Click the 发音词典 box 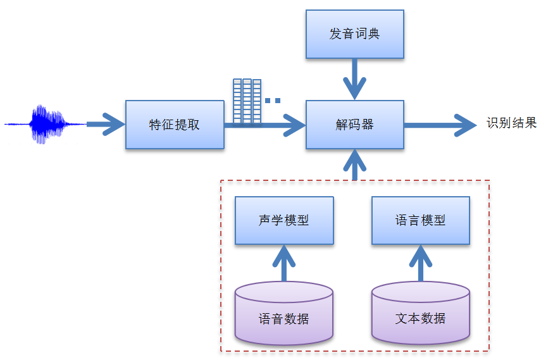(x=354, y=34)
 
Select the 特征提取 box (x=175, y=124)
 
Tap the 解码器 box (x=354, y=124)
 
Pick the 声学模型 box (x=284, y=220)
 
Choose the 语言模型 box (x=421, y=220)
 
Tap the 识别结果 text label (x=511, y=123)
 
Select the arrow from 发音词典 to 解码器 (x=354, y=78)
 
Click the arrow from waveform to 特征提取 (x=105, y=124)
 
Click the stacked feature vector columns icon (x=247, y=101)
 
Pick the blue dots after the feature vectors (x=273, y=100)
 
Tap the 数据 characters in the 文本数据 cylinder (x=433, y=318)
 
